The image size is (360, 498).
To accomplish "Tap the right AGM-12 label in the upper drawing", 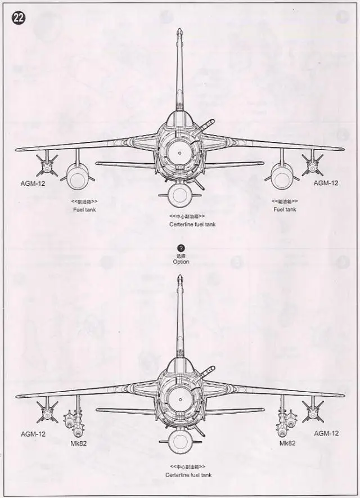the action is [326, 183].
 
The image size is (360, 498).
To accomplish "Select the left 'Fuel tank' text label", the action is [83, 209].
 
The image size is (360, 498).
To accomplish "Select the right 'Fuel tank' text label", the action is [285, 209].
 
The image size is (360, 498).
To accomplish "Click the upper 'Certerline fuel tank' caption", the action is [192, 224].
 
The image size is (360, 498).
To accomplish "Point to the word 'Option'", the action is [181, 262].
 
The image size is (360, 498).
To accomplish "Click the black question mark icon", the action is [181, 248].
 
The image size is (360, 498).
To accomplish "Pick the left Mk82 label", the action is [78, 443].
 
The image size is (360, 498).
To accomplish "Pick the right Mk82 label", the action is [288, 443].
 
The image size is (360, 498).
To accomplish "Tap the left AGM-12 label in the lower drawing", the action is [33, 434].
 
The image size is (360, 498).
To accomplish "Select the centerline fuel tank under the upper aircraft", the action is [179, 195].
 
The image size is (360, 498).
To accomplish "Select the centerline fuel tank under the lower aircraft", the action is [179, 445].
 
